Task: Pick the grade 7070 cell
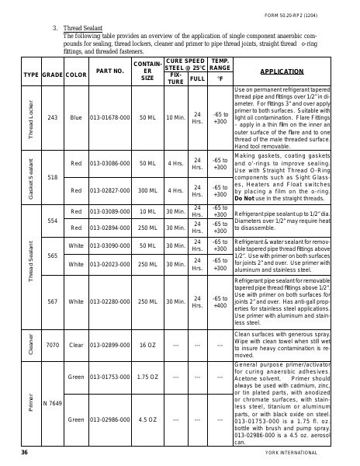pos(53,343)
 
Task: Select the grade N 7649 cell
pos(53,403)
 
